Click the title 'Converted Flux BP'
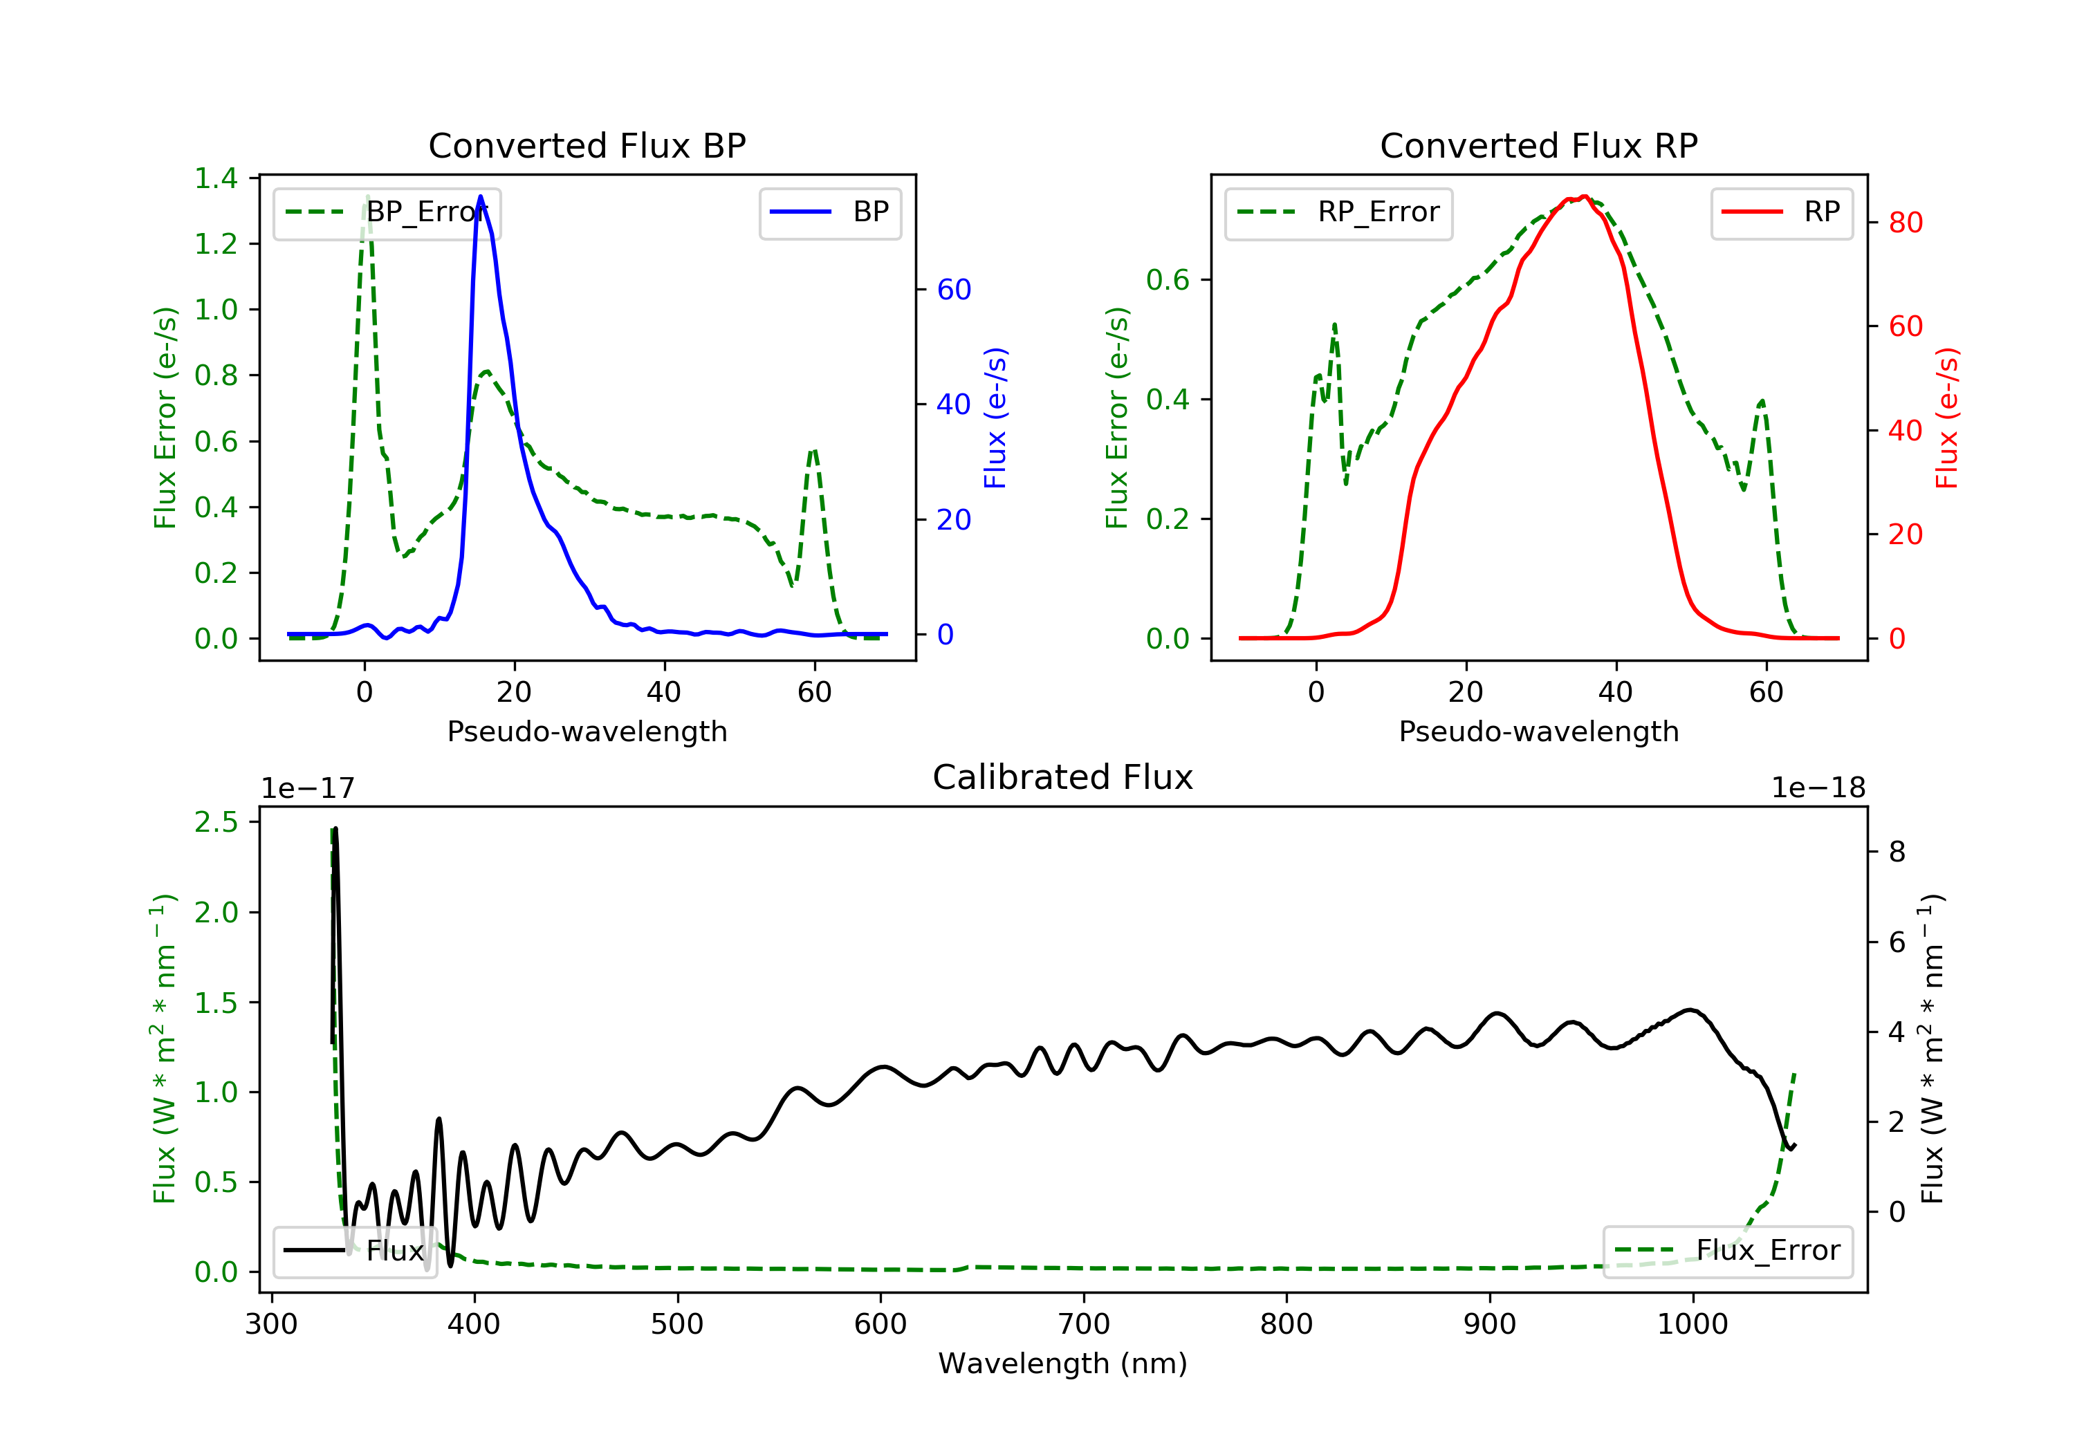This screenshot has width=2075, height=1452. (587, 145)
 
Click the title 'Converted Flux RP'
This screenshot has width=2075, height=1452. (1538, 145)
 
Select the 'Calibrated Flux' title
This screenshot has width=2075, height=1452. (1063, 777)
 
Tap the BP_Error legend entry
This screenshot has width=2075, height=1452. (387, 212)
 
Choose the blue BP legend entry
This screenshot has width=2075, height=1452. (829, 212)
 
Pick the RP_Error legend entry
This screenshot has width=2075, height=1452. (1338, 212)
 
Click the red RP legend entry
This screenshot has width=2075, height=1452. (1781, 212)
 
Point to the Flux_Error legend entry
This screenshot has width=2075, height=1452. (1727, 1251)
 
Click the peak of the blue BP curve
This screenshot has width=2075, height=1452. (480, 196)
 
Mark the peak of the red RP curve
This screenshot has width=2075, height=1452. (1585, 196)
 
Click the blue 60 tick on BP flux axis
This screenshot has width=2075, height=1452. (953, 289)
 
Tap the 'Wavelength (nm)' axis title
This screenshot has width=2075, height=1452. (1063, 1363)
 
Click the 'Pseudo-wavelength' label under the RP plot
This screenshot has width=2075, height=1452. (1538, 731)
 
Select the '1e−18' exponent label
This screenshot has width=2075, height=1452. (1818, 788)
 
